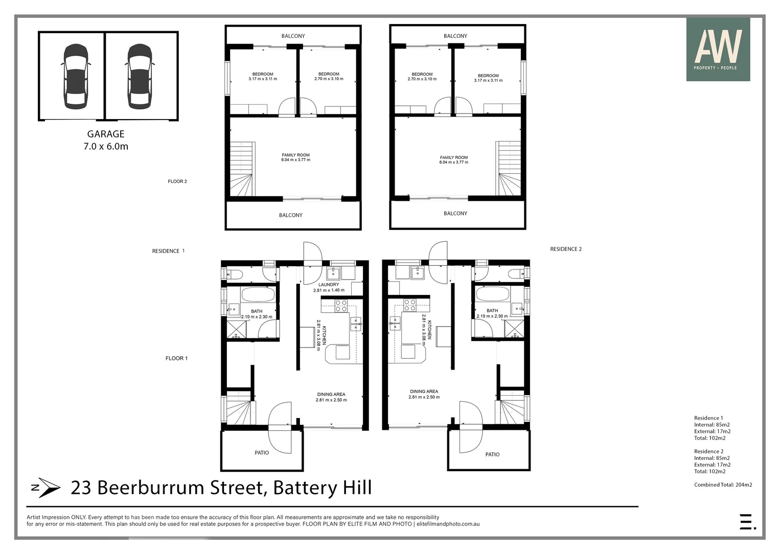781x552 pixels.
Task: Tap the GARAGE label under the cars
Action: [x=106, y=134]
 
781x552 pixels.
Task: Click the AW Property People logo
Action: [x=718, y=49]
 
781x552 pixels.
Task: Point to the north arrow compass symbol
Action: [x=45, y=488]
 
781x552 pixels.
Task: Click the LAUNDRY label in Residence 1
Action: [x=329, y=285]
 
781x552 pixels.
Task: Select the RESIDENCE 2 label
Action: [x=566, y=249]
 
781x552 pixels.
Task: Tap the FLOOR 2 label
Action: [x=177, y=181]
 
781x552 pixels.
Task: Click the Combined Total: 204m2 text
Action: [x=723, y=485]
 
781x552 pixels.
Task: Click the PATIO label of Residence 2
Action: [x=492, y=454]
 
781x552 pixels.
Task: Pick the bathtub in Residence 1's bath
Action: [x=258, y=295]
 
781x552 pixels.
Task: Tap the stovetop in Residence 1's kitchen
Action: [x=341, y=306]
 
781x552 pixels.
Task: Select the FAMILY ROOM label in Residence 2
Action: [x=454, y=158]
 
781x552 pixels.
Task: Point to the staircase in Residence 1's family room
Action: [x=242, y=169]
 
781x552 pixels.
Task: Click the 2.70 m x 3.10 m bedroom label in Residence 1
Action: [x=329, y=77]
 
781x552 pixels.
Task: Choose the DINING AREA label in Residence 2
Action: [x=424, y=392]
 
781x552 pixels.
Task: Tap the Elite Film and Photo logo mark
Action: [x=747, y=521]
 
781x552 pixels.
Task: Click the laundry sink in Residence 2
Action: [x=418, y=272]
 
